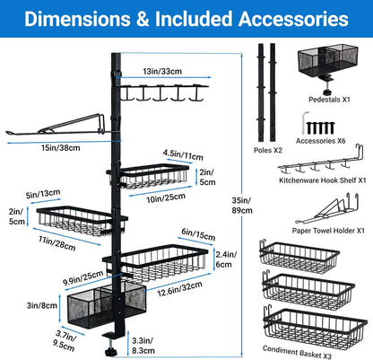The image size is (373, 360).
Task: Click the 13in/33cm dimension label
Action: [x=162, y=71]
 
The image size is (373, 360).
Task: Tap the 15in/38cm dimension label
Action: [x=61, y=148]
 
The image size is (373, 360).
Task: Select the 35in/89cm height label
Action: [x=242, y=206]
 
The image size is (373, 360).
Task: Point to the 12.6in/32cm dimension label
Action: [x=180, y=289]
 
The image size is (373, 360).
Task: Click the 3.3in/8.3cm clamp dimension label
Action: [x=143, y=346]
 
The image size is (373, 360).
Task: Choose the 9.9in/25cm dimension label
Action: [x=83, y=278]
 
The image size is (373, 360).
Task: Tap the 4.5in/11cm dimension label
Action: [x=183, y=154]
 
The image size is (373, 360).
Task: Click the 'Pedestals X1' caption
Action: [x=329, y=100]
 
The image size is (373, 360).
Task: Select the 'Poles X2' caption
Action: [x=268, y=150]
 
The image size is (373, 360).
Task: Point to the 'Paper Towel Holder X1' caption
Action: [x=328, y=231]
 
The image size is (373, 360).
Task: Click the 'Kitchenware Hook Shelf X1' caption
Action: [x=323, y=180]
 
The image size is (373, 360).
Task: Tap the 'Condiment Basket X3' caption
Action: [x=297, y=352]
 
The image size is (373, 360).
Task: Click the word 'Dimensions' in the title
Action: [x=77, y=19]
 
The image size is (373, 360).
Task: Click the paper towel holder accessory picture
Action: [x=327, y=209]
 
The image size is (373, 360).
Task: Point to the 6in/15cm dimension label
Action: [x=198, y=234]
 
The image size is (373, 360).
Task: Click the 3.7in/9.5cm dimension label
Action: [x=65, y=340]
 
